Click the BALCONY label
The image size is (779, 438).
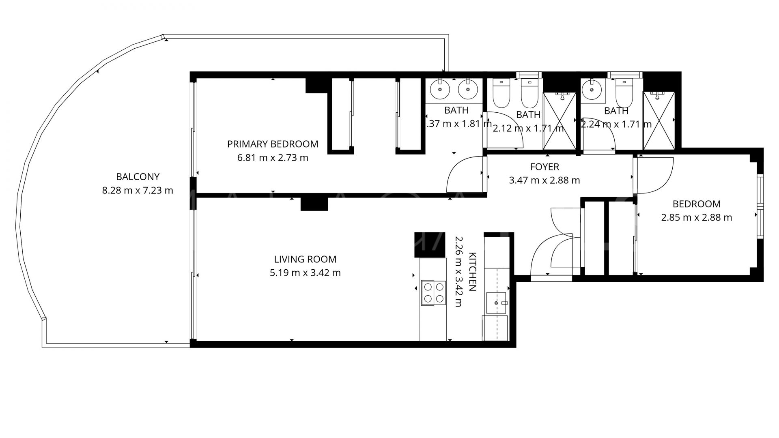(138, 177)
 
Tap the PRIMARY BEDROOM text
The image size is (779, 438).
(272, 144)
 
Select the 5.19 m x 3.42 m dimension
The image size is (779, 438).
(305, 273)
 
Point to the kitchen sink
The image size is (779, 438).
(496, 303)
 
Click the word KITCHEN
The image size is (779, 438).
(472, 272)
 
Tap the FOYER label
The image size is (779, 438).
(544, 167)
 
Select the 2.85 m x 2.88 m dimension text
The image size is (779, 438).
(696, 218)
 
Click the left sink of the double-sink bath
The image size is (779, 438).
(439, 89)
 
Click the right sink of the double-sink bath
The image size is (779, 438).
(467, 89)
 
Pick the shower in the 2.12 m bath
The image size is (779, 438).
(559, 121)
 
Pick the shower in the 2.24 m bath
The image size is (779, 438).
(659, 121)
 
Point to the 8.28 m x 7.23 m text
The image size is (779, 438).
(138, 190)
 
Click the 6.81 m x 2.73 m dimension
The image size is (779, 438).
(272, 158)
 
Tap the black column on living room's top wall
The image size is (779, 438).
(314, 204)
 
